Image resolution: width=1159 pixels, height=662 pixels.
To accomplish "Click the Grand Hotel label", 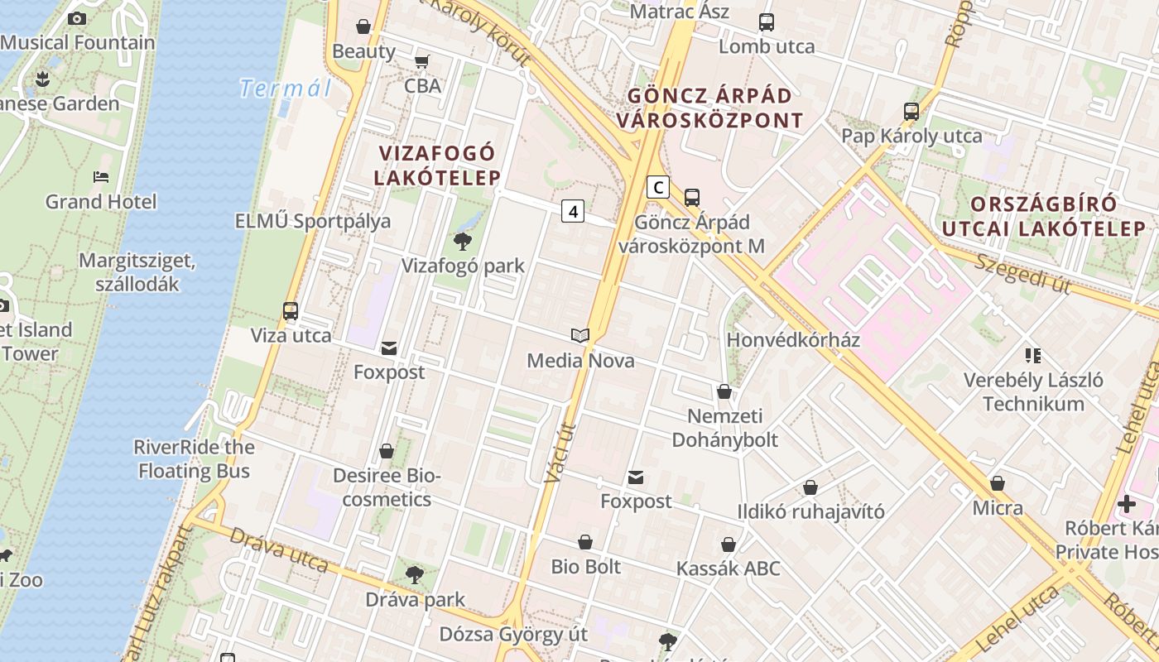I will pos(100,202).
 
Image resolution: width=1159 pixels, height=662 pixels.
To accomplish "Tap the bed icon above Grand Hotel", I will pos(101,176).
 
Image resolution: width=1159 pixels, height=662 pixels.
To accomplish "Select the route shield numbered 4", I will pos(572,211).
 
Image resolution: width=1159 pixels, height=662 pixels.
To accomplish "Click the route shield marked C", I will pos(657,187).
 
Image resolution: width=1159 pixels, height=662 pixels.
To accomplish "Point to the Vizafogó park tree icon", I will pos(462,242).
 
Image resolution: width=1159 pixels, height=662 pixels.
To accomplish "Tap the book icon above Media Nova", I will pos(580,335).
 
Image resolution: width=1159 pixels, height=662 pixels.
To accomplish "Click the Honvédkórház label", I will pos(793,340).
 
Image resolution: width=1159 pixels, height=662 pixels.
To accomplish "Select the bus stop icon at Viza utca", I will pos(291,311).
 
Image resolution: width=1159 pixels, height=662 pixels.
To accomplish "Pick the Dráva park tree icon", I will pos(415,574).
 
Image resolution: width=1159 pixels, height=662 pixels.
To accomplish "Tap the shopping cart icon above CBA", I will pos(422,61).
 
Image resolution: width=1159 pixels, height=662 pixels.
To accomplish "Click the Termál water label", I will pos(285,89).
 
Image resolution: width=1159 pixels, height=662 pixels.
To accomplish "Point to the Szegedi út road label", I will pos(1023,273).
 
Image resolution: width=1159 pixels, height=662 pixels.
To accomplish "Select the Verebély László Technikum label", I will pos(1033,392).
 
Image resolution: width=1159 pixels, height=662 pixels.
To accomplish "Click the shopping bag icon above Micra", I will pos(998,483).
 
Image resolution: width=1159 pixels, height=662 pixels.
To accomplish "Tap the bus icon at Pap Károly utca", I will pos(911,111).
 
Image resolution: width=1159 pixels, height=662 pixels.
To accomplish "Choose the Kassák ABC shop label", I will pos(729,569).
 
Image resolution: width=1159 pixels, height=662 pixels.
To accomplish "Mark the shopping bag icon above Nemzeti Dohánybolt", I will pos(724,391).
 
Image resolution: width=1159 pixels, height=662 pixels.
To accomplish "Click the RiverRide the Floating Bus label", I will pos(194,459).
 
